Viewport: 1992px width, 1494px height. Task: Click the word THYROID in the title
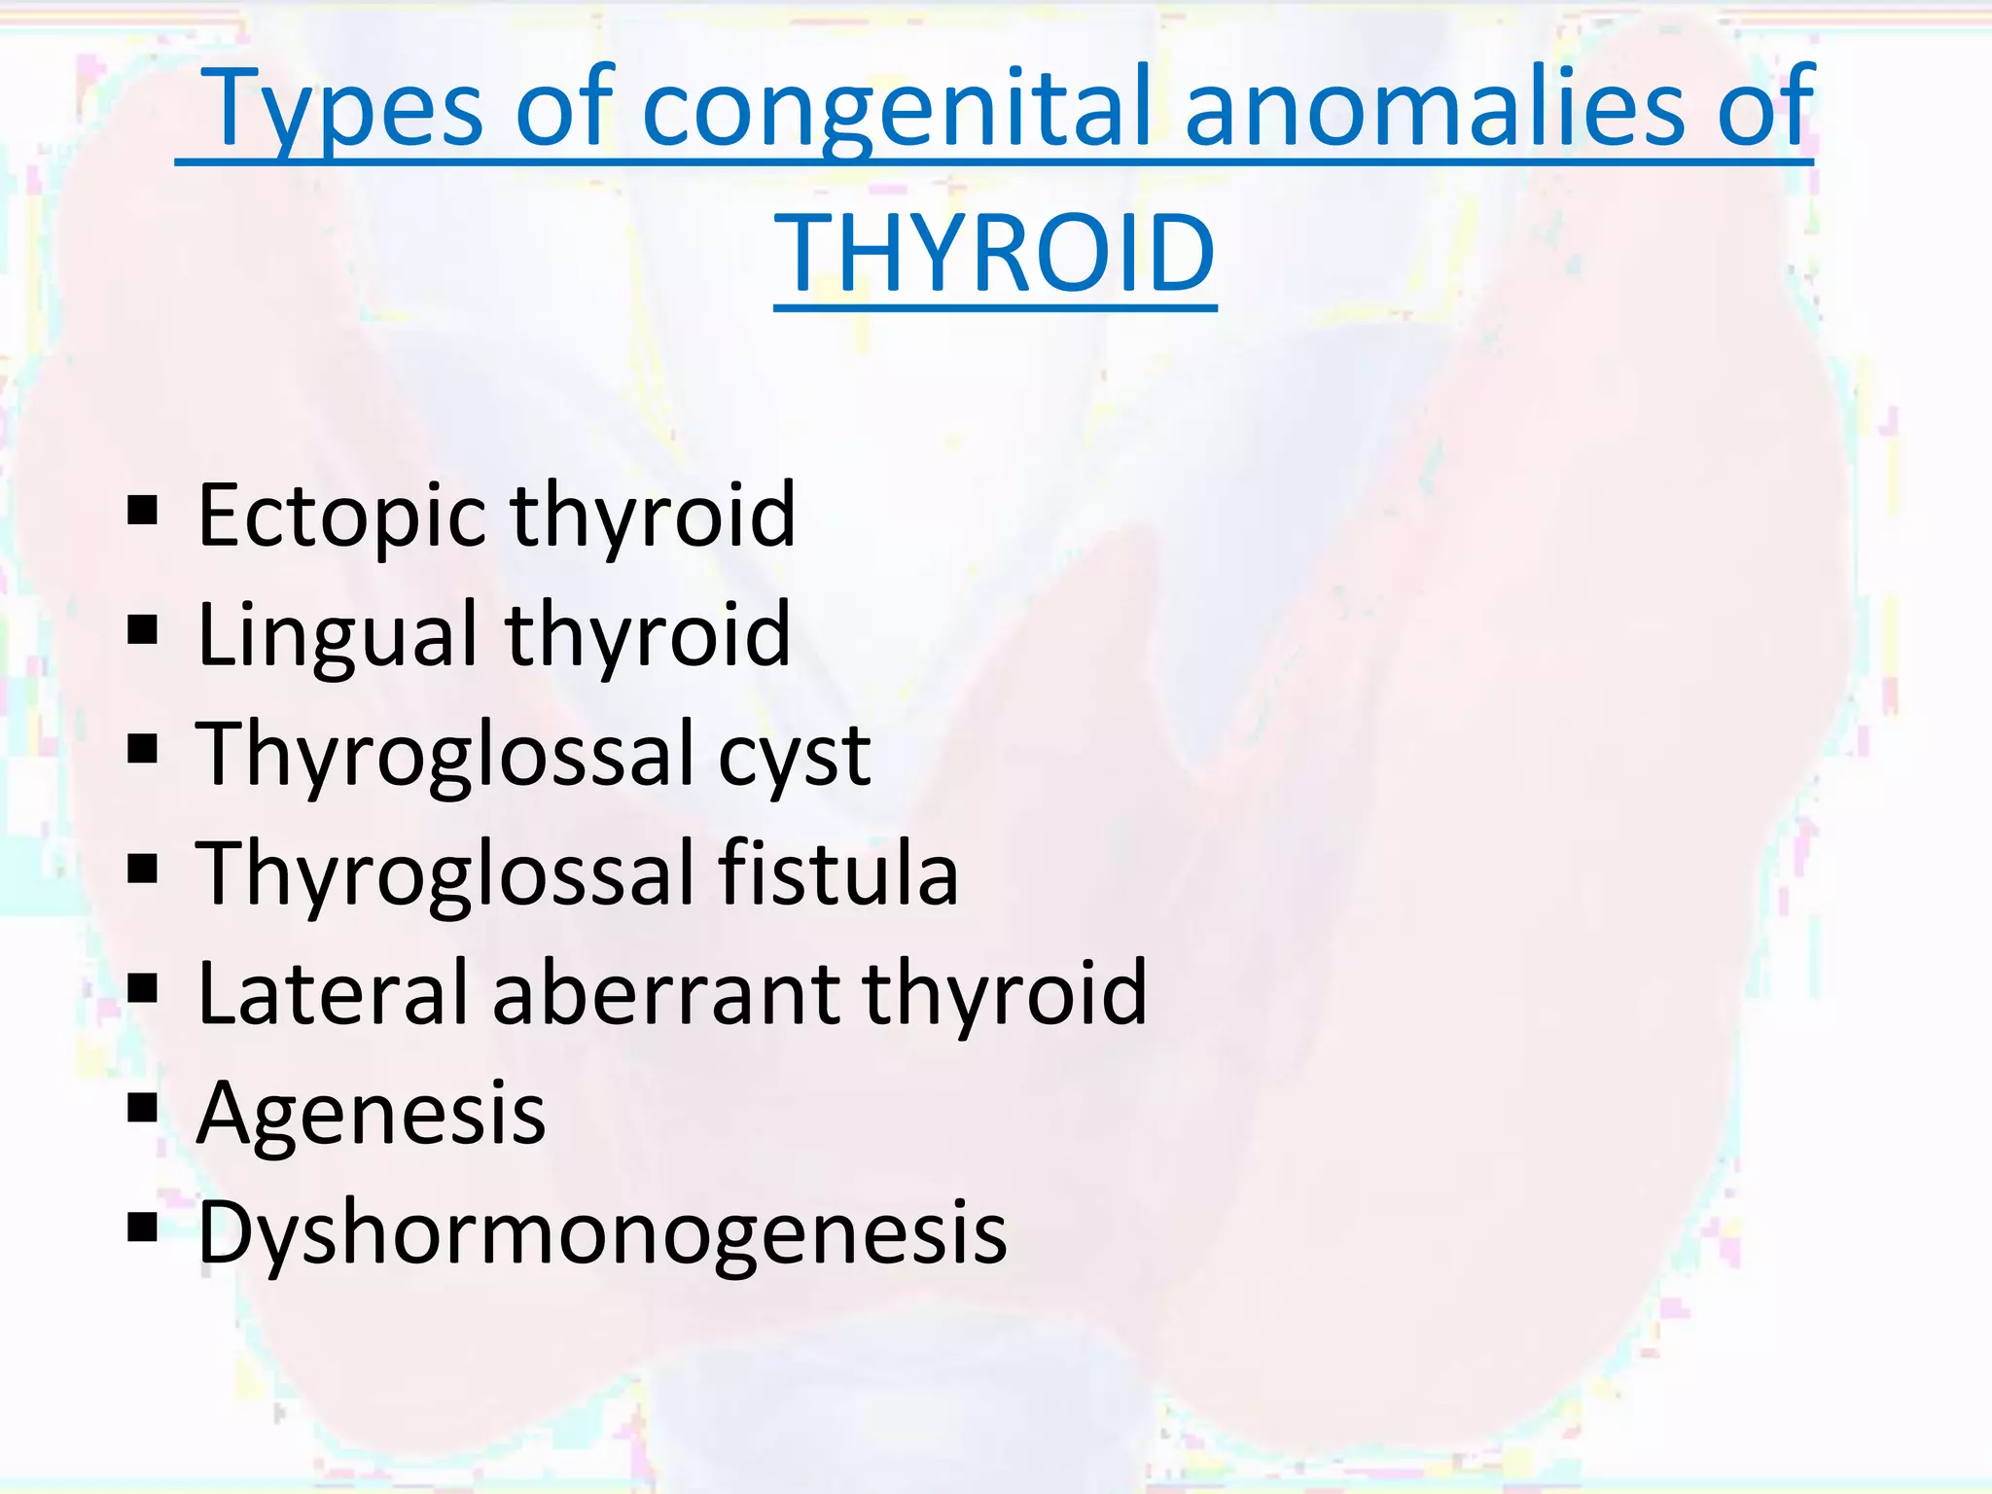tap(994, 254)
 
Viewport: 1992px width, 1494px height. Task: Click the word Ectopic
tap(341, 516)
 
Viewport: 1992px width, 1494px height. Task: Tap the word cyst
tap(794, 757)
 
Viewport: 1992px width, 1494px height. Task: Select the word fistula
tap(838, 872)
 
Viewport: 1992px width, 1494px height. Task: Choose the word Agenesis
tap(371, 1114)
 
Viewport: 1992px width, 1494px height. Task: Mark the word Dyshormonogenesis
tap(602, 1233)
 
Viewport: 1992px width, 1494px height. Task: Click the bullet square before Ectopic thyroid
tap(142, 510)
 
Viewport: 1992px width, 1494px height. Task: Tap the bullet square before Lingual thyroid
tap(142, 629)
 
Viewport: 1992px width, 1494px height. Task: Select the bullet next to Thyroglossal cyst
tap(142, 749)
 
